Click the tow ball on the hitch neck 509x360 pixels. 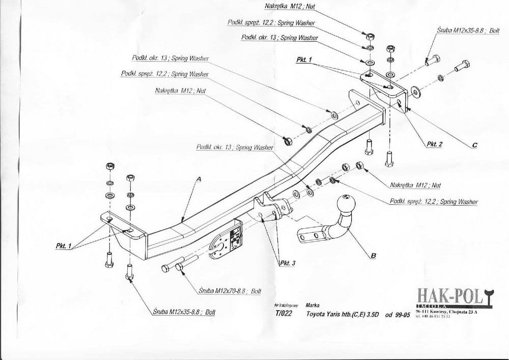(x=346, y=203)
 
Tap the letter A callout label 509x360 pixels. (x=199, y=179)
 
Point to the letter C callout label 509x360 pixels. (x=474, y=145)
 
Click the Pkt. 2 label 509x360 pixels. (x=434, y=144)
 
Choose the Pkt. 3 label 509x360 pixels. (x=288, y=263)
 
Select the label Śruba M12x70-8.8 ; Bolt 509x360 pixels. (x=230, y=291)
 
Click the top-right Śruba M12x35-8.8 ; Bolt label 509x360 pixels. (x=468, y=31)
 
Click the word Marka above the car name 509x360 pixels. (x=313, y=304)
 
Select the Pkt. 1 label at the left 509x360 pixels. (x=63, y=246)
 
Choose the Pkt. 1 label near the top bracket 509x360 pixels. (x=303, y=60)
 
